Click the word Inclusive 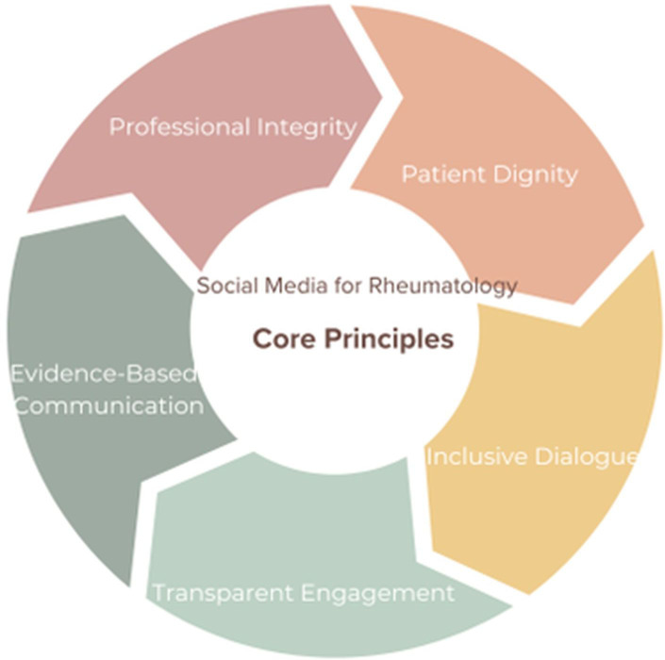474,457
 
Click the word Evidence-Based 104,374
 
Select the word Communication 109,406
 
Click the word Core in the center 283,338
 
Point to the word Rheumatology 453,286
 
